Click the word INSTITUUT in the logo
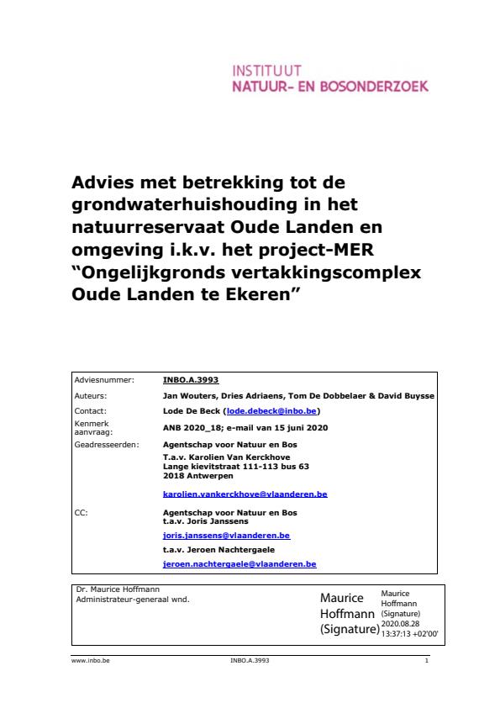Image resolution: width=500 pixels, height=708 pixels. click(x=265, y=71)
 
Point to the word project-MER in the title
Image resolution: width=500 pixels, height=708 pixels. click(x=332, y=252)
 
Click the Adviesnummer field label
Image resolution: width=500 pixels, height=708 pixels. click(x=102, y=380)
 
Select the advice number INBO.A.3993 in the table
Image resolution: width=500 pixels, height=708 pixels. click(x=191, y=380)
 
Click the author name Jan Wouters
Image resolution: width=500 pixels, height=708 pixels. click(x=191, y=395)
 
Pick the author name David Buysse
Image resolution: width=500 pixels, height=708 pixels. click(x=403, y=395)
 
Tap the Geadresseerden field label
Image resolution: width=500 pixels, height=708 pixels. click(x=107, y=443)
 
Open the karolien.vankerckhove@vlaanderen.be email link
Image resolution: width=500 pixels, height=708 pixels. click(x=245, y=494)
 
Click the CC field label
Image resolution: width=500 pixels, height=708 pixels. click(x=82, y=511)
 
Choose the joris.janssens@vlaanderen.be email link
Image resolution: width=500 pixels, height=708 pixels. click(x=226, y=535)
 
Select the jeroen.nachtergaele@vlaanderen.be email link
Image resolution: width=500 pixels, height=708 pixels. click(x=239, y=564)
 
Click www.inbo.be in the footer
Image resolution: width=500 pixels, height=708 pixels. click(x=91, y=661)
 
